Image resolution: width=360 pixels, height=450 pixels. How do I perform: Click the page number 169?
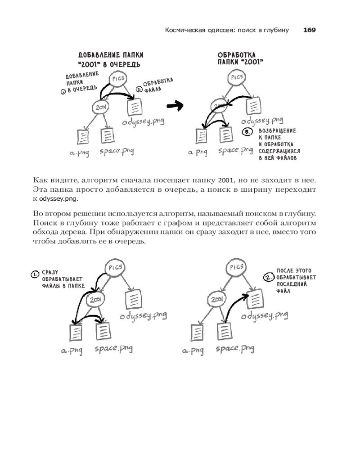(x=310, y=30)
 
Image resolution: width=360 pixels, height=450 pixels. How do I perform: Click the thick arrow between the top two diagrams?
(x=175, y=106)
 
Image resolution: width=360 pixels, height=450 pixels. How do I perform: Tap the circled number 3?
(x=247, y=132)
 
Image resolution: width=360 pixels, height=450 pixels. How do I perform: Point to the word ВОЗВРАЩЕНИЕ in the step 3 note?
(x=277, y=130)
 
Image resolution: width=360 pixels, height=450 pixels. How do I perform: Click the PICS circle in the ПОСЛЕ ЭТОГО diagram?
(x=237, y=267)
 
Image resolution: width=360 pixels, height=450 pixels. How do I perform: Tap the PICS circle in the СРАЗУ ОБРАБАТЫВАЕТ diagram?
(x=117, y=268)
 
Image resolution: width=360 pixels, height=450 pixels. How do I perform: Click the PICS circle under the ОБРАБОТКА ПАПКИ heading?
(x=237, y=77)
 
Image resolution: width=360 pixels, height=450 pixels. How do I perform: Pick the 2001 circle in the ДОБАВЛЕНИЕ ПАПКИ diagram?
(x=101, y=107)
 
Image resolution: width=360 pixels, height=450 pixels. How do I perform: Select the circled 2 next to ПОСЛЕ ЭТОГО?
(x=269, y=278)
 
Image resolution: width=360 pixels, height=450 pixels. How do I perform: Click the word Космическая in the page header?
(x=184, y=30)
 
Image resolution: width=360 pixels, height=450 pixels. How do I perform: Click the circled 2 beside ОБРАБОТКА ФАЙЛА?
(x=139, y=88)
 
